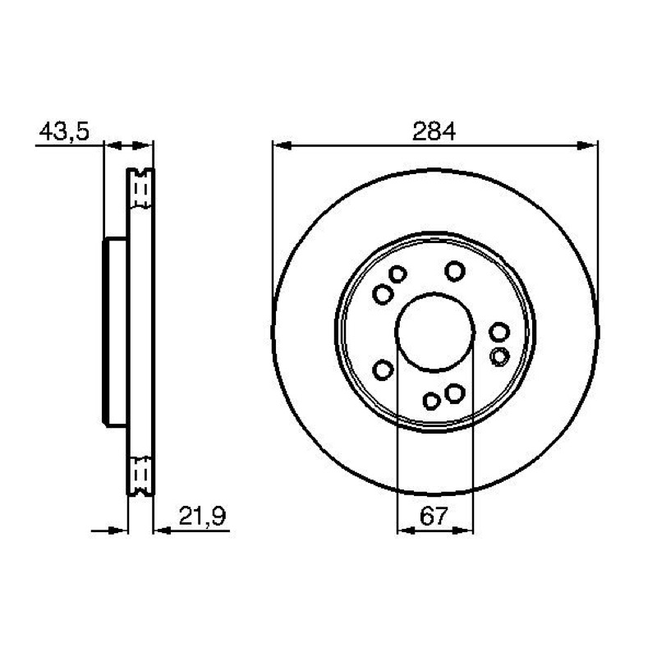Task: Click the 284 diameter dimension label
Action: tap(434, 131)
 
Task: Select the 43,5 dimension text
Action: tap(64, 131)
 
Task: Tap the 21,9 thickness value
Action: tap(202, 516)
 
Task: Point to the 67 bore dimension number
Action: tap(434, 516)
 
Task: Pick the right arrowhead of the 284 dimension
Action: tap(587, 145)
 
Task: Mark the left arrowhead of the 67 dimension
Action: tap(406, 531)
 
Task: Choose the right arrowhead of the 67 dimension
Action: tap(464, 531)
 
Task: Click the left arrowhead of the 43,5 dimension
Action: tap(113, 145)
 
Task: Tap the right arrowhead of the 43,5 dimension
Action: tap(141, 145)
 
